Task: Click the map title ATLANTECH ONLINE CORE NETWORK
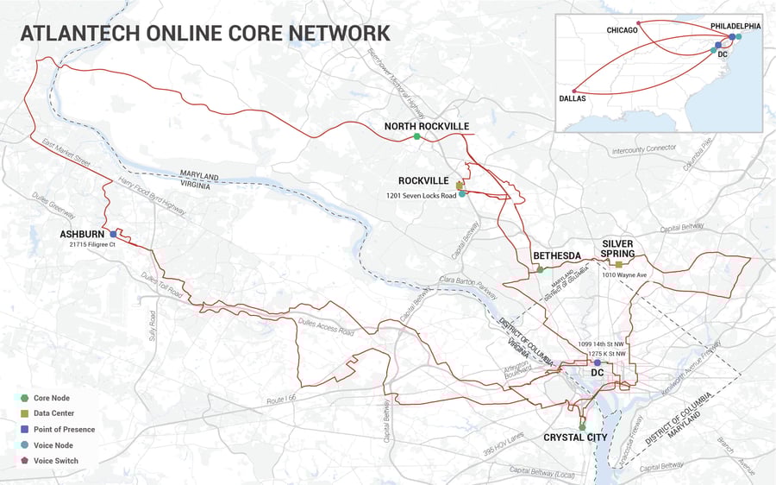[204, 33]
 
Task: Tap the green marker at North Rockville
[416, 136]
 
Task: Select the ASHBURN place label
[82, 234]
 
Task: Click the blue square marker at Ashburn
[113, 234]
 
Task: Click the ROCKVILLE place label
[423, 181]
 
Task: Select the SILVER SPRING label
[618, 249]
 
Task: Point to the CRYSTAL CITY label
[575, 438]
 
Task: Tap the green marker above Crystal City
[582, 426]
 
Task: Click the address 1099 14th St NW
[601, 343]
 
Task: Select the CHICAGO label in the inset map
[621, 30]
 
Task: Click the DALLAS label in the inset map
[572, 99]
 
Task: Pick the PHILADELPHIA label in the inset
[735, 27]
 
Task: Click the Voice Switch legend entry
[55, 461]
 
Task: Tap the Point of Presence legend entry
[63, 429]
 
